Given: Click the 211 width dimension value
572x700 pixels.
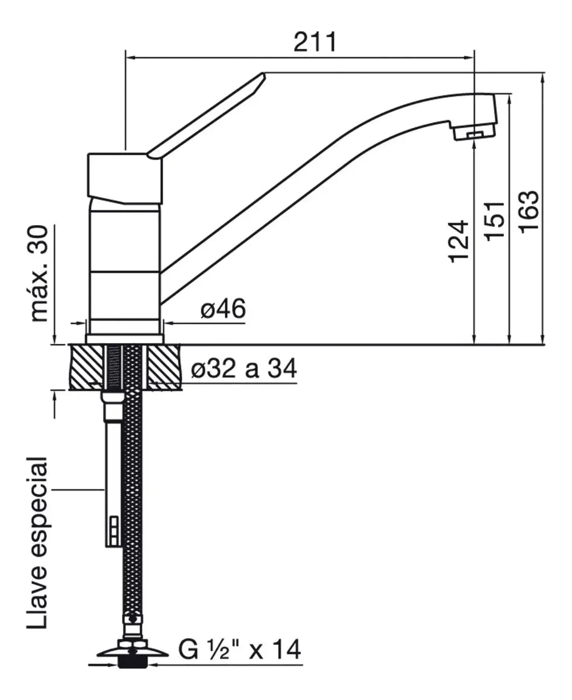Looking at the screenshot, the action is pyautogui.click(x=315, y=42).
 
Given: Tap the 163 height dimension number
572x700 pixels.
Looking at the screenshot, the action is pyautogui.click(x=530, y=211).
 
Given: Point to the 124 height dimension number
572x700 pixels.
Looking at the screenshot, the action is pyautogui.click(x=459, y=241).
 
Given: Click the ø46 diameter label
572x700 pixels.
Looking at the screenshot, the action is pyautogui.click(x=223, y=308).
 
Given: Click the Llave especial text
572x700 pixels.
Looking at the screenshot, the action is pyautogui.click(x=37, y=542).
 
